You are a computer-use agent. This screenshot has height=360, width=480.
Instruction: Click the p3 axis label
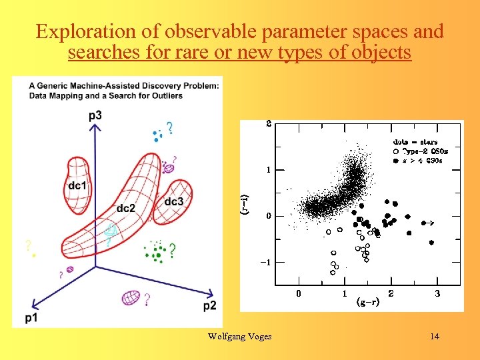tap(95, 116)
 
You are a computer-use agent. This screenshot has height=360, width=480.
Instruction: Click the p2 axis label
tap(209, 305)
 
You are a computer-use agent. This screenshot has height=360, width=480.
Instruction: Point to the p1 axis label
tap(31, 318)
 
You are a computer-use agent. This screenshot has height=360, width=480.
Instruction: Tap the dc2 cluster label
tap(125, 208)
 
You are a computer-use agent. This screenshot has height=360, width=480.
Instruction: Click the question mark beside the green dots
tap(172, 251)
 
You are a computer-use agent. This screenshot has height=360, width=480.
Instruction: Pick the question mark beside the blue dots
tap(170, 128)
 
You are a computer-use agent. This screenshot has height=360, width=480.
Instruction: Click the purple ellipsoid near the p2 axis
tap(131, 297)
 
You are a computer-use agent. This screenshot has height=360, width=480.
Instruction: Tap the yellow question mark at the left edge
tap(28, 245)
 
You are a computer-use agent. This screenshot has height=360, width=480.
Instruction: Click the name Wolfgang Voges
tap(239, 336)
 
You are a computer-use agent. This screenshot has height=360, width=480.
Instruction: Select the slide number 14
tap(435, 336)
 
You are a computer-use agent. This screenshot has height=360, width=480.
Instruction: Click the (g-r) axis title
tap(367, 302)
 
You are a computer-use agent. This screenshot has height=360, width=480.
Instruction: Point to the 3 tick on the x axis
tap(437, 293)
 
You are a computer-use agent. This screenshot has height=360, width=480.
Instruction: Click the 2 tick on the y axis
tap(269, 123)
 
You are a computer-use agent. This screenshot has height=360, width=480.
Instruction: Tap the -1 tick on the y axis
tap(265, 262)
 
